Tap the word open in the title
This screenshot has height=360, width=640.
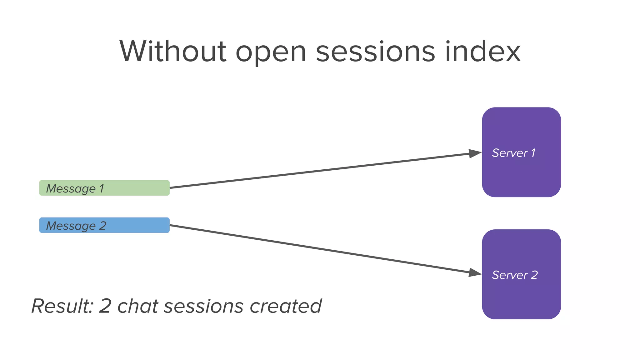tap(271, 53)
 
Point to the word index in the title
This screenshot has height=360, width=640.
tap(483, 52)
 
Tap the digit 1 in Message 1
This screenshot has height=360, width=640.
tap(102, 188)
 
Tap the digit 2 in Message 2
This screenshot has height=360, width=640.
tap(103, 226)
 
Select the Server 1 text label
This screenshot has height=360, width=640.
tap(513, 153)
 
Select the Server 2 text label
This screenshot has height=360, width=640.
tap(515, 275)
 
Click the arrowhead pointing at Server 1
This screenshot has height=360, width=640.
tap(475, 153)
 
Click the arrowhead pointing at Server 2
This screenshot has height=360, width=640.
tap(475, 272)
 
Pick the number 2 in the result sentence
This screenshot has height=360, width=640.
tap(105, 306)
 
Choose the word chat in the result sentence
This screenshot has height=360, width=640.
tap(137, 306)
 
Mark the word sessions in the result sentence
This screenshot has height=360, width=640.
tap(203, 307)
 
